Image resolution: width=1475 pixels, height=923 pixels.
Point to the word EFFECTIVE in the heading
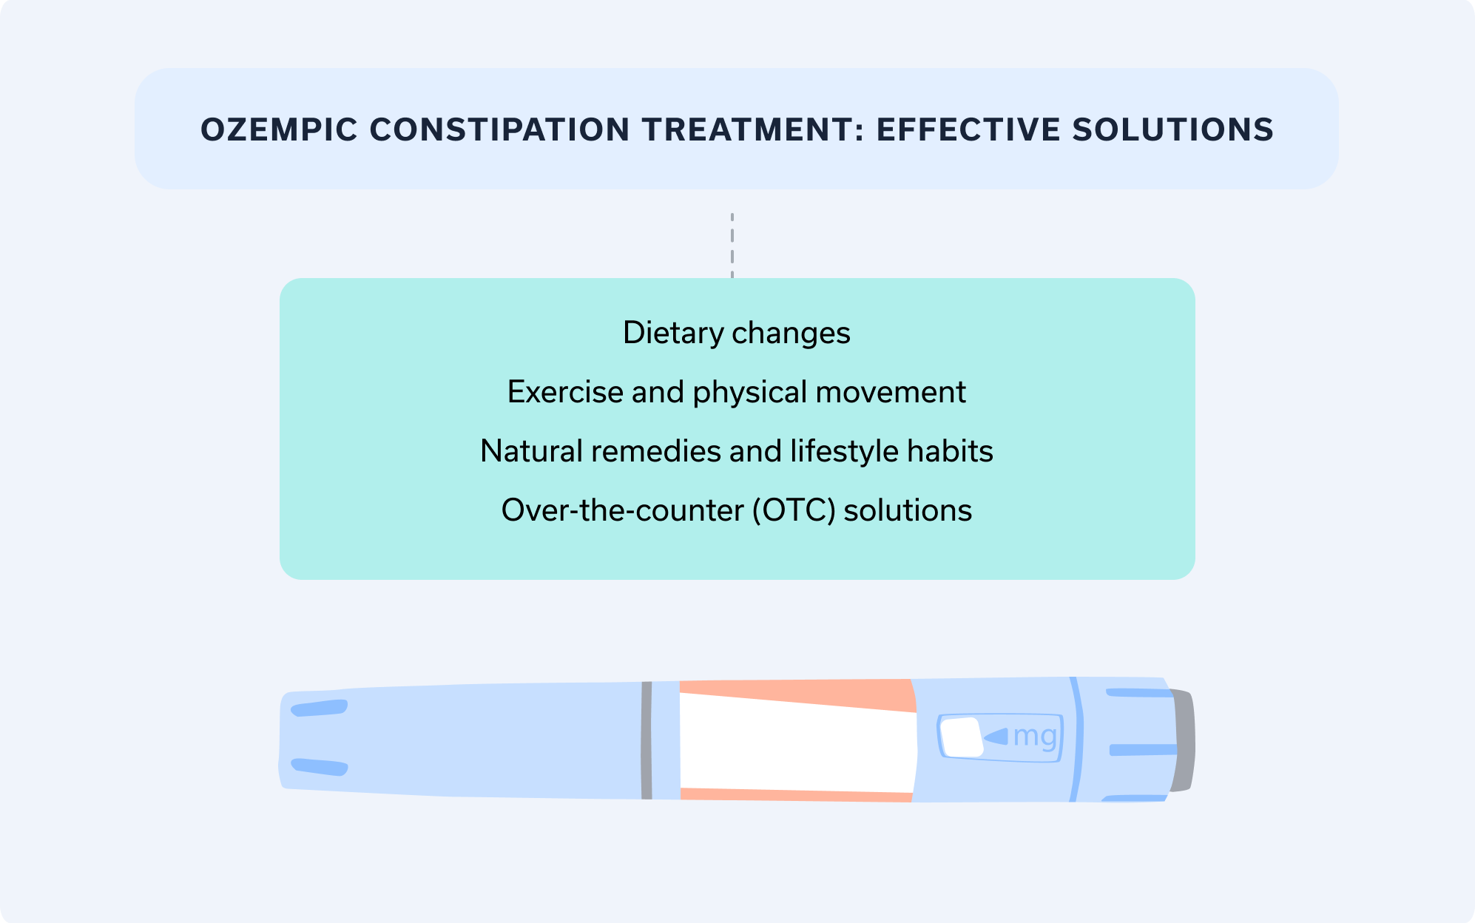click(x=968, y=130)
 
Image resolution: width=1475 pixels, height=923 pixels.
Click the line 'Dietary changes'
click(x=737, y=333)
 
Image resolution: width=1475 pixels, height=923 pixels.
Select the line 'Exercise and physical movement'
click(x=737, y=392)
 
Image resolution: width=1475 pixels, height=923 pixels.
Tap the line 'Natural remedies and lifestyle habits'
click(x=737, y=451)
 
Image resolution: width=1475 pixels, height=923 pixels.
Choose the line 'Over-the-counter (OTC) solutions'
click(x=737, y=510)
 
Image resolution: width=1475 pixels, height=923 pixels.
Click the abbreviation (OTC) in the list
click(x=794, y=510)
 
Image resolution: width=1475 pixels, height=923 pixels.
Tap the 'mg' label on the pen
click(x=1035, y=737)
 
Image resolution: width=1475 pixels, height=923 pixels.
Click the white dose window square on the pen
click(x=961, y=737)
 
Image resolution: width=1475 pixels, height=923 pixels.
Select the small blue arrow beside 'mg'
click(x=996, y=737)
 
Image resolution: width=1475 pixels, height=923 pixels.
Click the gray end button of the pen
click(x=1184, y=740)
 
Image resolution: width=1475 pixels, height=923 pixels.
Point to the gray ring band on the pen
click(x=647, y=740)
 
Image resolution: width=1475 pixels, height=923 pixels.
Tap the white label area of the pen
click(x=795, y=743)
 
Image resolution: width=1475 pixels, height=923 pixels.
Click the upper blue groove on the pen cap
click(x=320, y=708)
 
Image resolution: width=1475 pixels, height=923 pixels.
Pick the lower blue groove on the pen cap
click(x=320, y=767)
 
